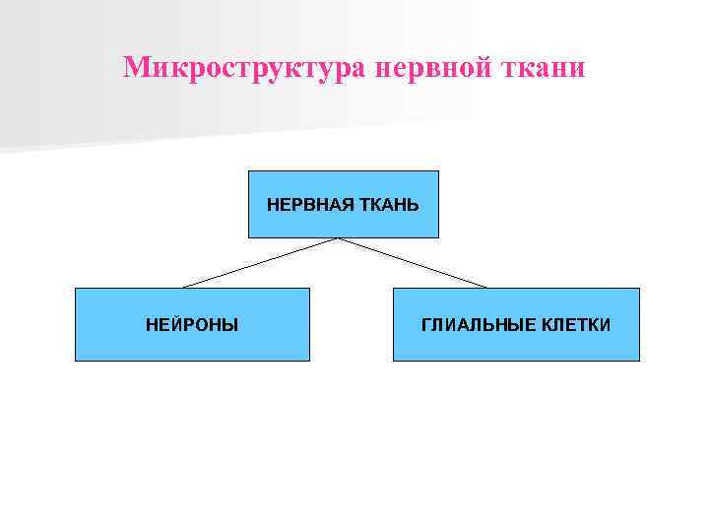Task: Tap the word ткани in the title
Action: (x=550, y=68)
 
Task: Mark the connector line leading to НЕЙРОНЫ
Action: (x=261, y=263)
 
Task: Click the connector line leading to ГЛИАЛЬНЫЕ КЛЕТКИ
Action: (x=414, y=263)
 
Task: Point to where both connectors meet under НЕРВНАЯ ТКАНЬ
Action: (x=339, y=238)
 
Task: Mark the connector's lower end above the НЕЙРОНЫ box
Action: (x=184, y=287)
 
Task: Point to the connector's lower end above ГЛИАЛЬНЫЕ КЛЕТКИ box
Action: (x=486, y=287)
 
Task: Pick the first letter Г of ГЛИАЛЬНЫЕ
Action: (x=426, y=324)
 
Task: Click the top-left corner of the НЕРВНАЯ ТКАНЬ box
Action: (x=248, y=171)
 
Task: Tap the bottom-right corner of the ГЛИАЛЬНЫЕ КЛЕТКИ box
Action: (x=639, y=361)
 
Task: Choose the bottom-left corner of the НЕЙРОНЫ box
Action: (x=76, y=361)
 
